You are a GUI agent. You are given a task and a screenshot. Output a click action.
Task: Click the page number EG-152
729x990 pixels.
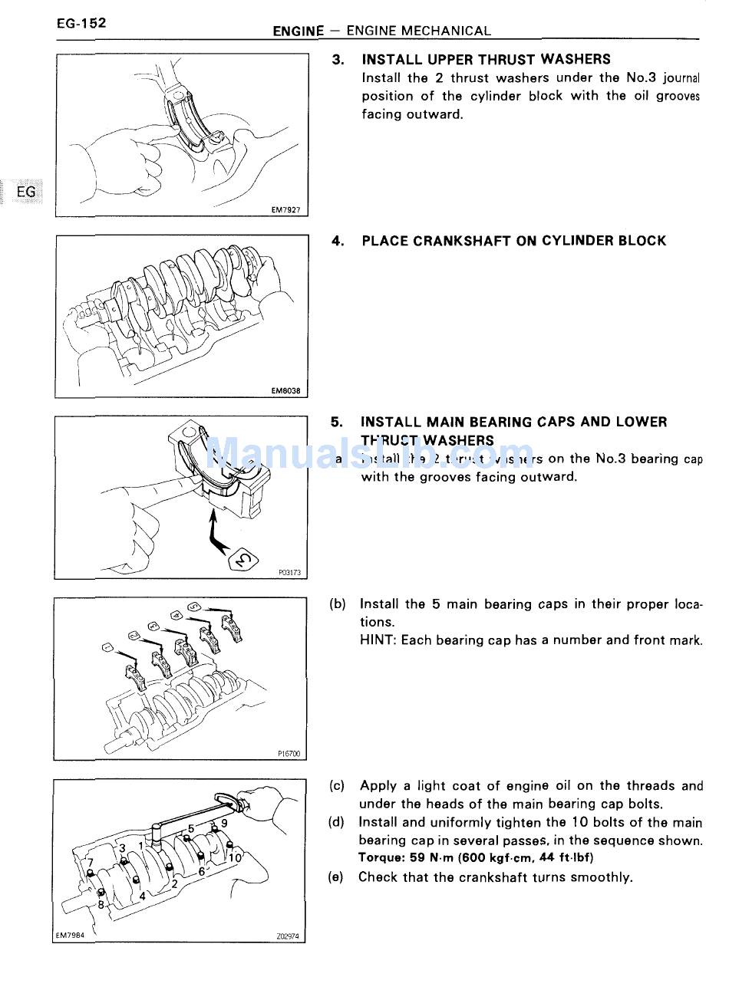[81, 23]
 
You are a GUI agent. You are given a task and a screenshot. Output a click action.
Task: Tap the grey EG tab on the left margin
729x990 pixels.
[25, 192]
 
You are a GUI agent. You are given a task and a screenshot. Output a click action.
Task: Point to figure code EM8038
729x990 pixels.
[285, 390]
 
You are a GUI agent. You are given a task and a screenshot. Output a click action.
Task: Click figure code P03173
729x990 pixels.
[289, 572]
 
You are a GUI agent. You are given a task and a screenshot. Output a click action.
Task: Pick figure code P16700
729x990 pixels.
[289, 754]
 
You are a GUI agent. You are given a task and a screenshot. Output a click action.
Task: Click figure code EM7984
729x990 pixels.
[70, 936]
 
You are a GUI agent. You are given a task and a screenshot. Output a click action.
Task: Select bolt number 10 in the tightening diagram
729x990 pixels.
[234, 857]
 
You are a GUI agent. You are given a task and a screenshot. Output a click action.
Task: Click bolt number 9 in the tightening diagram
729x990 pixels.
[223, 823]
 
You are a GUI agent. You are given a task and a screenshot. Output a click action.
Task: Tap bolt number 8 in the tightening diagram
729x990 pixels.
[101, 904]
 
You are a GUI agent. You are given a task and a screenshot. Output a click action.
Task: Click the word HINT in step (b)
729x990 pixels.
[378, 640]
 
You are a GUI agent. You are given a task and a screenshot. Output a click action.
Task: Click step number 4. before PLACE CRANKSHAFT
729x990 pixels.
[338, 241]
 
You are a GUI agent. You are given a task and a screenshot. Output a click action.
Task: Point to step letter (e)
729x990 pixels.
[335, 877]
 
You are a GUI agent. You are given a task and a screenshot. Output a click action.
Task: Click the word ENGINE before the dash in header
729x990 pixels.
[298, 31]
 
